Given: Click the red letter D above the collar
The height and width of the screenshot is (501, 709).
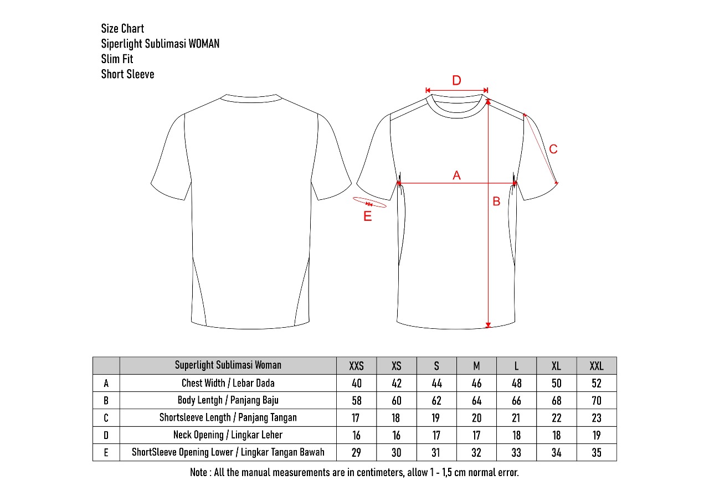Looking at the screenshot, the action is click(456, 80).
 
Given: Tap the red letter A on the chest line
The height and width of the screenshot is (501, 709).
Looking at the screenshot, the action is click(456, 175).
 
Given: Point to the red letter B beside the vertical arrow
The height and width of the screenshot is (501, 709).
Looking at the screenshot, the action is click(496, 201).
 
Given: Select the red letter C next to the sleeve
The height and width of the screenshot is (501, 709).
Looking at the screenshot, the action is click(553, 149).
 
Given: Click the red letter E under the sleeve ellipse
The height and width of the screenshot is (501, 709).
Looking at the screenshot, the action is click(367, 216).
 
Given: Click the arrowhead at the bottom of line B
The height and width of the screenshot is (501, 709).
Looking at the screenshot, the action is click(488, 325).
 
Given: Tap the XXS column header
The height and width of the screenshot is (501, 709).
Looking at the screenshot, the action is click(356, 366).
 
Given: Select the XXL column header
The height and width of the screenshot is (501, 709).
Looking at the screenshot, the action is click(597, 366).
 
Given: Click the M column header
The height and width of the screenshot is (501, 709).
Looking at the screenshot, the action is click(476, 366).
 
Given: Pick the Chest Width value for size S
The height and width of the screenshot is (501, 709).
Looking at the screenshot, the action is click(436, 383).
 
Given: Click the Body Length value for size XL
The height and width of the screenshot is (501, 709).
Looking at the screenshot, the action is click(557, 401).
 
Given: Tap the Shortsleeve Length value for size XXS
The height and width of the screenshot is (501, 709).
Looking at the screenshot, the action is click(356, 418).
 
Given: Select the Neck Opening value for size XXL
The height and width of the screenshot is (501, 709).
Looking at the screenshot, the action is click(597, 435).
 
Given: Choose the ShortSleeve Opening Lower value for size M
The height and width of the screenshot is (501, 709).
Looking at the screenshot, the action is click(476, 453).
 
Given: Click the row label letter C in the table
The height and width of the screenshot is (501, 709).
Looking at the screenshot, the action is click(106, 418).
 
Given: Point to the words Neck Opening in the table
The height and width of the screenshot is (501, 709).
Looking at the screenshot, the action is click(198, 435).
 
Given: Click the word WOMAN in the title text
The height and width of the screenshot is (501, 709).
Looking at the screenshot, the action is click(204, 44).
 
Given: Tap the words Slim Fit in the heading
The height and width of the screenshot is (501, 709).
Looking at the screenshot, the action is click(117, 59).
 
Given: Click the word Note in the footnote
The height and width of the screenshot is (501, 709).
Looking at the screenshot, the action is click(198, 472).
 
